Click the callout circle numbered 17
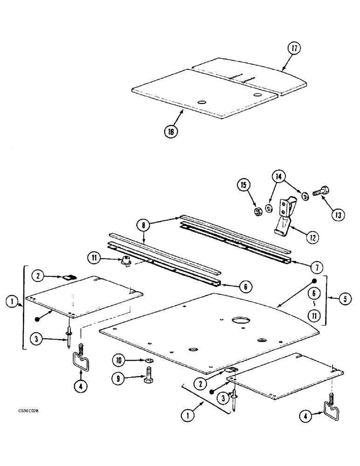click(x=294, y=49)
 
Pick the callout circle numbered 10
click(x=118, y=359)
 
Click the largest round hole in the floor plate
click(x=241, y=320)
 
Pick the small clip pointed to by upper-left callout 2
click(x=69, y=277)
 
